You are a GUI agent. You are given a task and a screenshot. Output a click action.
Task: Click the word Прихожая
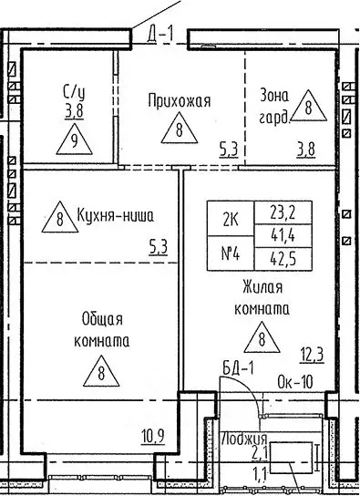(x=180, y=100)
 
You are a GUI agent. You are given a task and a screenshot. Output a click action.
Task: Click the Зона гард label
(x=277, y=105)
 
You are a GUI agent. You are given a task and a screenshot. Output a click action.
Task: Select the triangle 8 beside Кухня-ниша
(x=59, y=217)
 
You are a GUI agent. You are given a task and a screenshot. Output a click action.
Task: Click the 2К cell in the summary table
(x=231, y=218)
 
